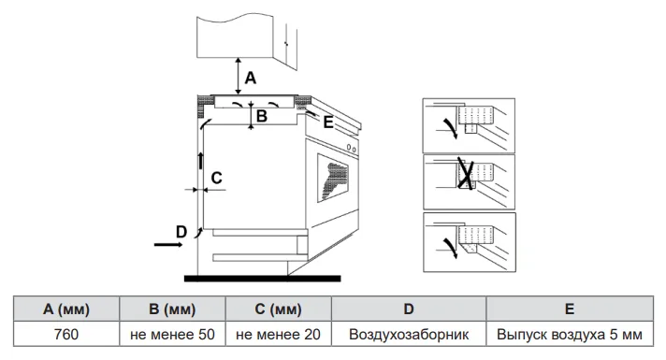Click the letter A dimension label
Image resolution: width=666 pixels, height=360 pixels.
250,79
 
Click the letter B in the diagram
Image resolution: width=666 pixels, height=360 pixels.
262,117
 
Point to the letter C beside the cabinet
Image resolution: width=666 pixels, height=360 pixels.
216,177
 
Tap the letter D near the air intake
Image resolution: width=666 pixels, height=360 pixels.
181,231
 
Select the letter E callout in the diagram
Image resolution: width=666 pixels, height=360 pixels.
327,122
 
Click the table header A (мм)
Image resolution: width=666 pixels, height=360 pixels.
66,309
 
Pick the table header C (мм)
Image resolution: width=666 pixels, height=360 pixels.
280,309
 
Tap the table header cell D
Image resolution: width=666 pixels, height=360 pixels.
409,309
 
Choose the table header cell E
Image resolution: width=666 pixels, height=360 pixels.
570,309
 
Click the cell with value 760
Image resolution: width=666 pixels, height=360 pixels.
66,333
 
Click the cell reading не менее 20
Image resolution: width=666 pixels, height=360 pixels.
280,333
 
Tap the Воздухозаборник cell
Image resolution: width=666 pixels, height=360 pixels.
409,333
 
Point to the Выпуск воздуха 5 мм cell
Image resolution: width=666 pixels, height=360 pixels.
570,333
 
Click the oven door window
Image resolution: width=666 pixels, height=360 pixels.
336,178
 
